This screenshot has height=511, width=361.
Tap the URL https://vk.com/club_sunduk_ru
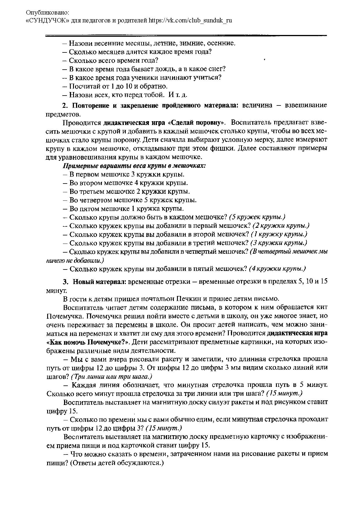click(190, 20)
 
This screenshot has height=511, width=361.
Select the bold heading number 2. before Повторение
click(65, 105)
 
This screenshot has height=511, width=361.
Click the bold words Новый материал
click(99, 282)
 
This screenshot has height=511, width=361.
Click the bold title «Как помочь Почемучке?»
click(87, 342)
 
